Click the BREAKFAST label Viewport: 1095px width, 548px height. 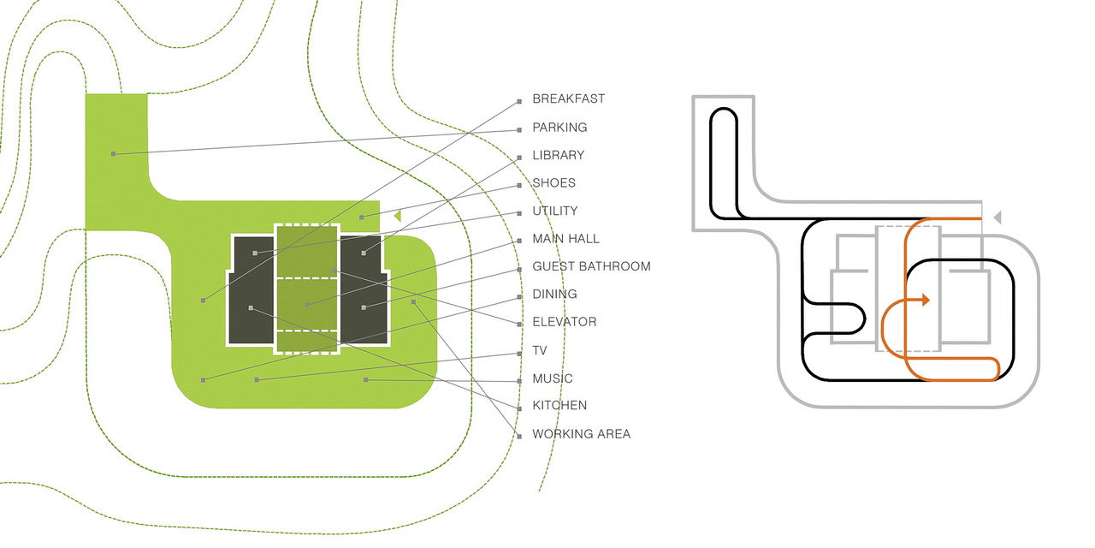pyautogui.click(x=569, y=98)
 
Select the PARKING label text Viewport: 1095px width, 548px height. pyautogui.click(x=559, y=128)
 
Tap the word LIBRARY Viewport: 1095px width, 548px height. pyautogui.click(x=559, y=155)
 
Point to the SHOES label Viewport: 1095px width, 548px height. pyautogui.click(x=553, y=183)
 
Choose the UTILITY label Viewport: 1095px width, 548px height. pyautogui.click(x=555, y=211)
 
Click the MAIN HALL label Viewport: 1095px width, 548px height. pyautogui.click(x=565, y=239)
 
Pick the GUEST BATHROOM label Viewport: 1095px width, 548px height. pyautogui.click(x=591, y=266)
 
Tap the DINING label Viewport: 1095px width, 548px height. pyautogui.click(x=555, y=294)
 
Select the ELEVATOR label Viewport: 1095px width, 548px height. pyautogui.click(x=565, y=322)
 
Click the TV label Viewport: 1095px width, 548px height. pyautogui.click(x=540, y=350)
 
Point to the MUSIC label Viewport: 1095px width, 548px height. pyautogui.click(x=553, y=378)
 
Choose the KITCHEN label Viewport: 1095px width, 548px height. pyautogui.click(x=559, y=405)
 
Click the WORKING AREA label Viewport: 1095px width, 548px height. pyautogui.click(x=581, y=434)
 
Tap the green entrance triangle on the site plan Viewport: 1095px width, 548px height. pyautogui.click(x=398, y=215)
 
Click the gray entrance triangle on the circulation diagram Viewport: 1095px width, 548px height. pyautogui.click(x=997, y=217)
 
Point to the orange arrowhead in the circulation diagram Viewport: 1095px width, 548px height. pyautogui.click(x=926, y=300)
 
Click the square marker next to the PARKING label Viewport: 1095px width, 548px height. pyautogui.click(x=519, y=130)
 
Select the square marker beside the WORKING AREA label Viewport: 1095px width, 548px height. pyautogui.click(x=519, y=437)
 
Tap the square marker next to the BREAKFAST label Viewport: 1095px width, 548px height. pyautogui.click(x=519, y=102)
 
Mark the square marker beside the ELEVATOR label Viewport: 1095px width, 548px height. pyautogui.click(x=519, y=325)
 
